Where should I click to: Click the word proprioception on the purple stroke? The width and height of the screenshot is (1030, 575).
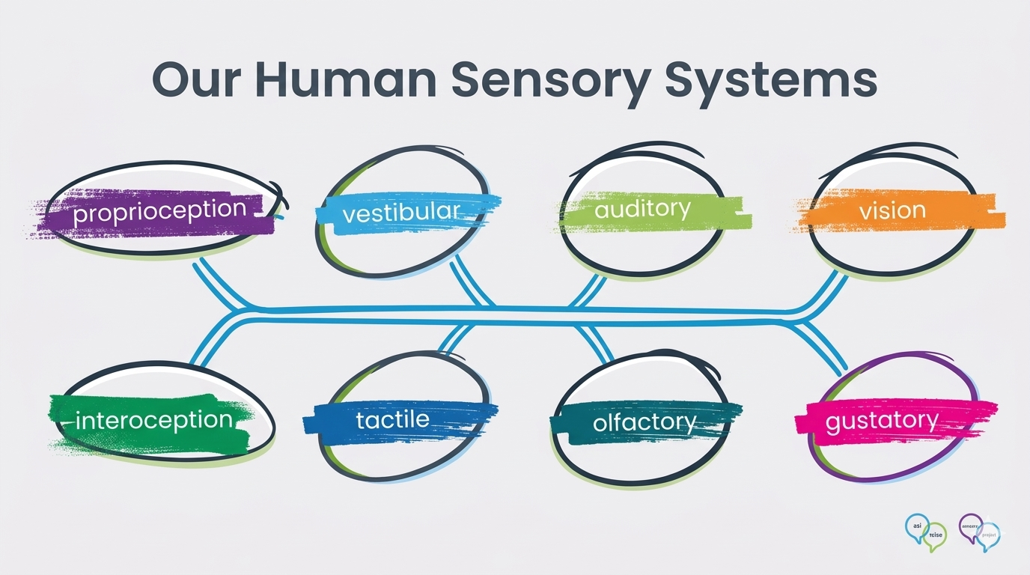tap(159, 211)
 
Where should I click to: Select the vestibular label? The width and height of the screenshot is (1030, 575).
tap(401, 212)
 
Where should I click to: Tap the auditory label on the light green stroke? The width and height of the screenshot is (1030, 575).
tap(642, 209)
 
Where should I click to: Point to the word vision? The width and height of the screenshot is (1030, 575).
tap(892, 210)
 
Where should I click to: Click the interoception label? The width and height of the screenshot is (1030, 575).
tap(154, 420)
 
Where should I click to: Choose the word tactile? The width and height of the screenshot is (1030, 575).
tap(393, 419)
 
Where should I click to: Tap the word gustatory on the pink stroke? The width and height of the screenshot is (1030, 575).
tap(881, 421)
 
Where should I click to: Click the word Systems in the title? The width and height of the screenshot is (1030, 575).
tap(771, 81)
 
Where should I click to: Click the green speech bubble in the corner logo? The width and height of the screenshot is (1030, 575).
tap(936, 535)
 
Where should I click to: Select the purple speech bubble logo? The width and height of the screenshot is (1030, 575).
tap(971, 526)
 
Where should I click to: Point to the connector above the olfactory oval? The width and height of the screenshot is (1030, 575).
tap(595, 341)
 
